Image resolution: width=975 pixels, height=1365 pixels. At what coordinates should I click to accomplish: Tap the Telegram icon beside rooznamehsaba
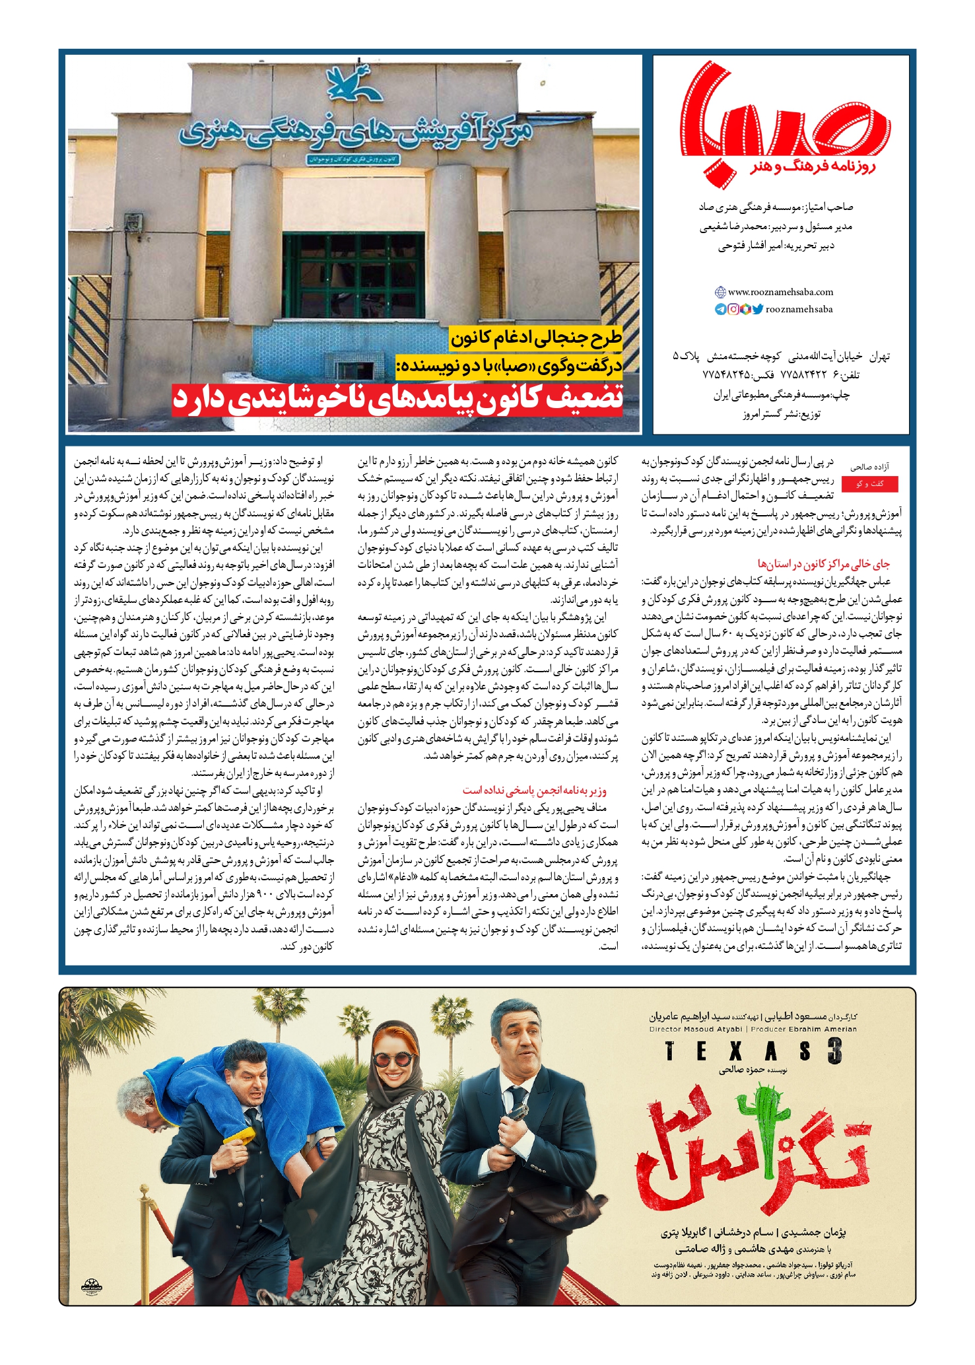721,309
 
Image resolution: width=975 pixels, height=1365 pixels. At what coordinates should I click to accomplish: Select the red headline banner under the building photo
397,400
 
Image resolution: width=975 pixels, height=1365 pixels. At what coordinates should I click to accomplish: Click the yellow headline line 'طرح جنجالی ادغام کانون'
536,339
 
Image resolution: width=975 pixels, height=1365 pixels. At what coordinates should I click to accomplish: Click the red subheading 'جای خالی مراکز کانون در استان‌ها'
823,565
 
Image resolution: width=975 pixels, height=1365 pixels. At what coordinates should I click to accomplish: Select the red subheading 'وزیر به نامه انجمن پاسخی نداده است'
535,790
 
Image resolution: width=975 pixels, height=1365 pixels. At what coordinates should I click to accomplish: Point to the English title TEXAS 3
753,1051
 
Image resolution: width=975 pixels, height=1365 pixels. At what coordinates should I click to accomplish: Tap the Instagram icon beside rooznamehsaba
733,309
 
